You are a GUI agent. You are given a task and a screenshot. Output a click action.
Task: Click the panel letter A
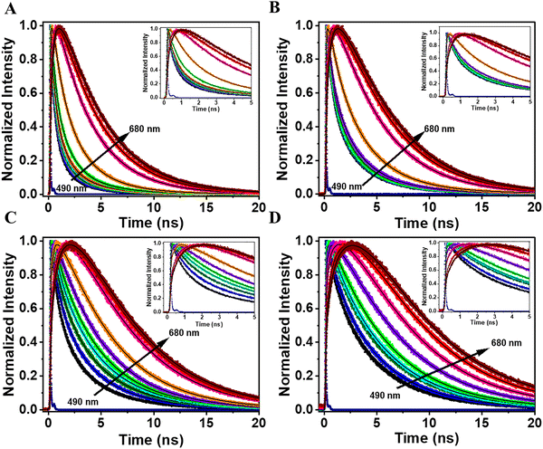pos(8,8)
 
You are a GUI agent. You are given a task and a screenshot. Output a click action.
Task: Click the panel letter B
pos(280,8)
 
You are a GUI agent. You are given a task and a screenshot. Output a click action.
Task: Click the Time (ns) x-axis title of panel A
pos(150,222)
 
